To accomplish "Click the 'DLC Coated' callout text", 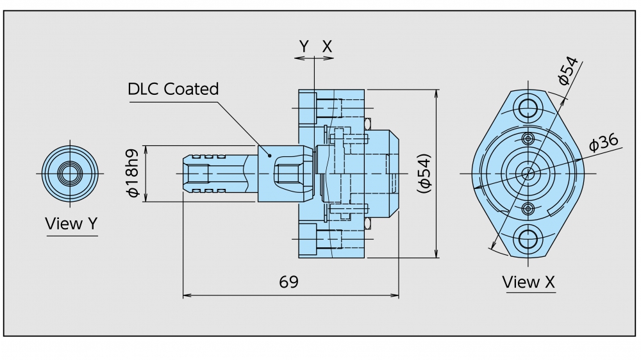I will click(x=173, y=89).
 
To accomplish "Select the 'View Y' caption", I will click(x=72, y=224).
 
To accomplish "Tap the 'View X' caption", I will click(x=529, y=282).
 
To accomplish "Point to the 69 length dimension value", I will click(x=288, y=282).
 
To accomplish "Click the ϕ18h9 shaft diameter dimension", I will click(x=133, y=173).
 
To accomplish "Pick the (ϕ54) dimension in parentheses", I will click(x=424, y=173).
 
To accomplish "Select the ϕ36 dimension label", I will click(x=603, y=142).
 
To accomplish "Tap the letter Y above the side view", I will click(x=304, y=46).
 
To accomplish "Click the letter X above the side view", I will click(x=327, y=46).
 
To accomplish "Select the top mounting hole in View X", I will click(x=529, y=107).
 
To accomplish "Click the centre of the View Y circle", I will click(x=69, y=173).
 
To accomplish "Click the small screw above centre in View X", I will click(x=529, y=139).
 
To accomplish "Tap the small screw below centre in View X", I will click(x=529, y=208).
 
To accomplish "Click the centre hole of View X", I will click(x=529, y=173).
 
